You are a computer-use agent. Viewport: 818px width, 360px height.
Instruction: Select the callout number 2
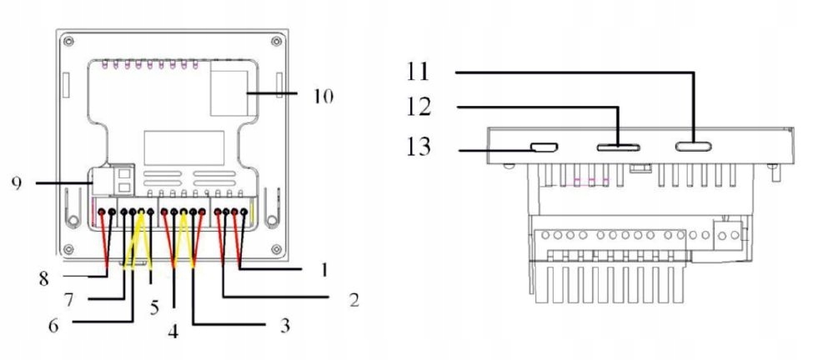(x=354, y=300)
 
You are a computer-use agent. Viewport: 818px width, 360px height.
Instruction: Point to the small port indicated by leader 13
(x=545, y=148)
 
